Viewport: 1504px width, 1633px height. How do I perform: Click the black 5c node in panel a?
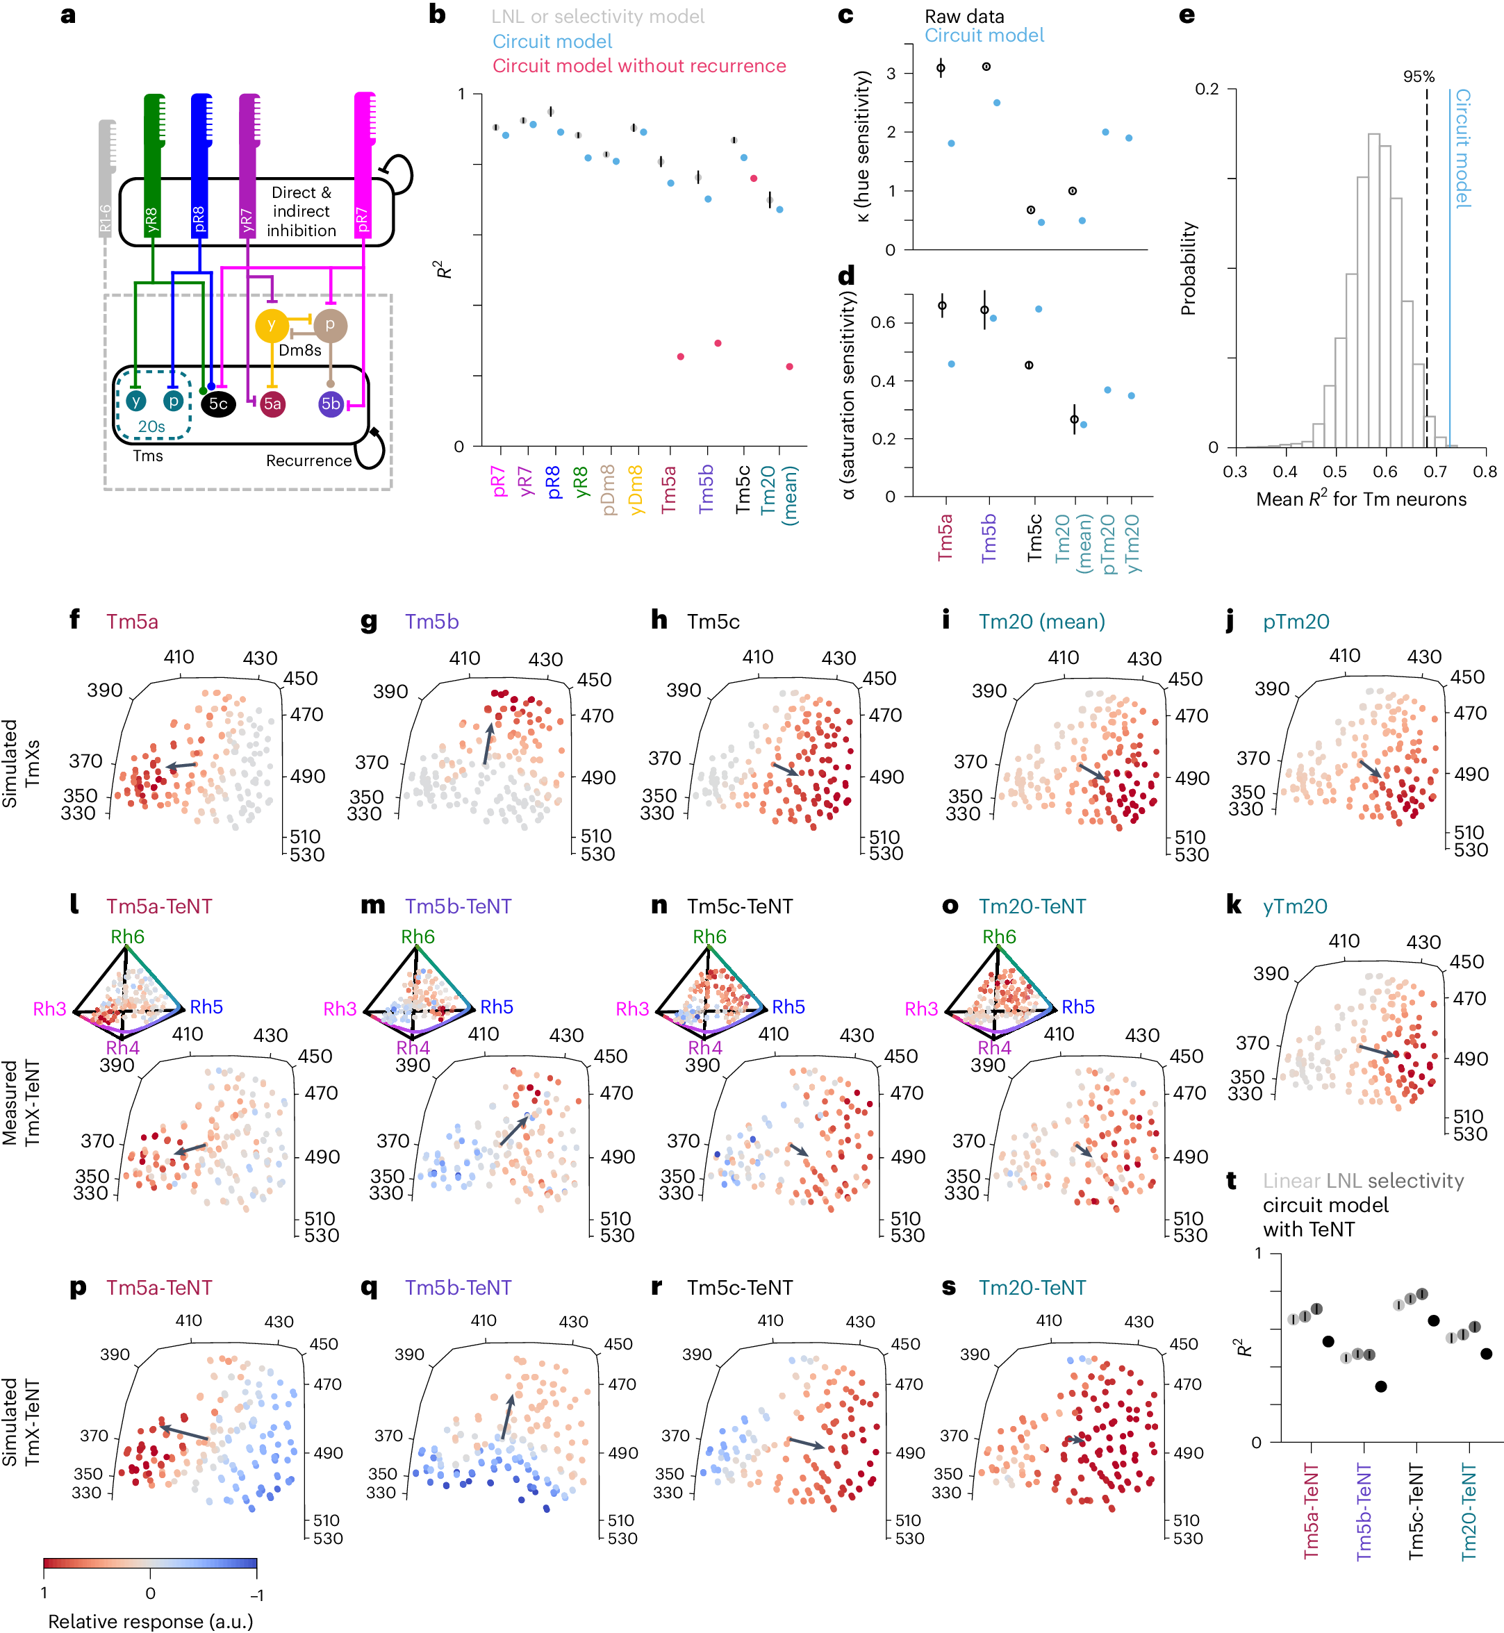pos(218,404)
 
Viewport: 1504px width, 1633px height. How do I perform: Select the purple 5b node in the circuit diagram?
pos(331,404)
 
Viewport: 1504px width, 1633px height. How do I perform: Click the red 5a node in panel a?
pos(272,404)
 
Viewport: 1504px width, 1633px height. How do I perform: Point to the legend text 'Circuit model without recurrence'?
pos(639,66)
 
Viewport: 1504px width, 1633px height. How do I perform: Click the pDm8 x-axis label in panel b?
pos(608,490)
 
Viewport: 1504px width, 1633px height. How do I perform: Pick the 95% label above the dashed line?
pos(1419,76)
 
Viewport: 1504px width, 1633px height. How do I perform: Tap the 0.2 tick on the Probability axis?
pos(1206,89)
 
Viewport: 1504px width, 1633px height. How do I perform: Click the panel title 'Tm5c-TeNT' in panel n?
pos(739,906)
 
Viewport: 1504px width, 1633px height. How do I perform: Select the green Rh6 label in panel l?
pos(128,936)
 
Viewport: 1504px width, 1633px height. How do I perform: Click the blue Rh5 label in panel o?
pos(1078,1007)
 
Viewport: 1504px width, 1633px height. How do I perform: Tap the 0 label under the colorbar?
pos(150,1593)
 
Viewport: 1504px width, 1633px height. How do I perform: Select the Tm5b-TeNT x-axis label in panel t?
pos(1364,1511)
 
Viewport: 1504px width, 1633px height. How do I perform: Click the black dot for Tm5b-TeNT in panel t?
pos(1380,1386)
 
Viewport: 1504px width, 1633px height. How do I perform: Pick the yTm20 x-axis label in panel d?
pos(1133,543)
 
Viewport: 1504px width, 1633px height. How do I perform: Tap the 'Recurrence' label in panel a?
pos(308,461)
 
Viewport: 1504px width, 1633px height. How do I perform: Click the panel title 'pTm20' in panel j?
pos(1296,622)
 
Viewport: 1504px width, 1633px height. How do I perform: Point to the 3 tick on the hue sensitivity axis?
pos(891,73)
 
